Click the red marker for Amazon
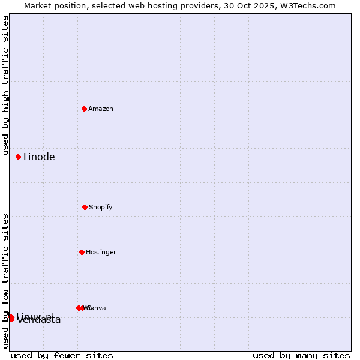pos(84,109)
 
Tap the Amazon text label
pos(101,109)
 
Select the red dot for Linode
pos(19,157)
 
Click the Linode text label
pos(39,157)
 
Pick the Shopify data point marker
pos(85,207)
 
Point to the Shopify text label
pos(101,207)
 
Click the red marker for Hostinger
pos(82,252)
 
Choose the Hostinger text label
pos(101,252)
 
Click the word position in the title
pos(71,6)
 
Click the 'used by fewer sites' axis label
pos(62,355)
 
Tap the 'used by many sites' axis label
pos(301,355)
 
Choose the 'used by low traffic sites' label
pos(6,281)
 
